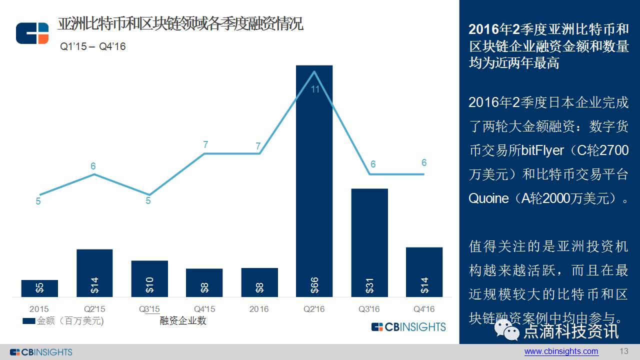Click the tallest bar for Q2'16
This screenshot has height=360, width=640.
point(314,180)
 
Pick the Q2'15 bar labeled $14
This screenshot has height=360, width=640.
point(94,273)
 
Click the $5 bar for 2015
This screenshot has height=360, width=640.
point(39,288)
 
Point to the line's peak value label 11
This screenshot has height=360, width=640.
point(315,90)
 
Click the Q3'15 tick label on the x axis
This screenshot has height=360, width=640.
point(149,309)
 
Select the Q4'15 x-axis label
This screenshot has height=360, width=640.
point(204,309)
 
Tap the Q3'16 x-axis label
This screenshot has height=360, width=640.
point(369,309)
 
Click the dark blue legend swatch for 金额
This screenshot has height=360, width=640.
point(29,321)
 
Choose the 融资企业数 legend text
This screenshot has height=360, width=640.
point(183,321)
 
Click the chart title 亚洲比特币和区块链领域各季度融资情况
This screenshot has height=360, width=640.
point(180,24)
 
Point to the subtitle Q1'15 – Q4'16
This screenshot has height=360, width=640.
point(93,46)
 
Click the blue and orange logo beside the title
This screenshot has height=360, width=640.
point(32,33)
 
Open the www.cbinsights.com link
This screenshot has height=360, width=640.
point(561,351)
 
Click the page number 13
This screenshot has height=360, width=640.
point(623,351)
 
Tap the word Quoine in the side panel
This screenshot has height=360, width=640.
point(488,198)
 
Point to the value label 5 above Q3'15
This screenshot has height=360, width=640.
point(148,201)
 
